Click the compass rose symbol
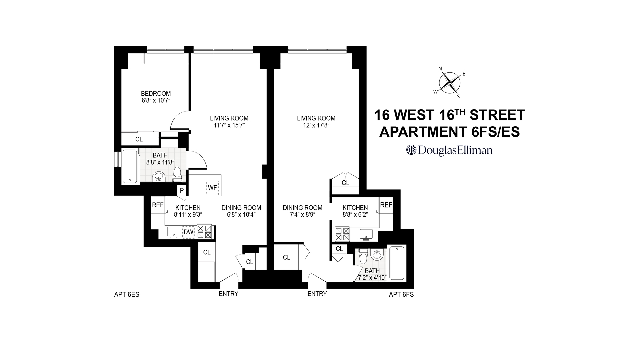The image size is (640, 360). pos(450,82)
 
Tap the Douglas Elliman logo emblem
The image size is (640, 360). pos(411,150)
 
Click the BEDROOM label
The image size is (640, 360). pos(156,94)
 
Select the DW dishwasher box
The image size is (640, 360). pos(189,232)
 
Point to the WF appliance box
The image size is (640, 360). pos(212,188)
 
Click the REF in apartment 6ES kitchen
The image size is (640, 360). pos(158,205)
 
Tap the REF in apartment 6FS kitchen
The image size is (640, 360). pos(386,205)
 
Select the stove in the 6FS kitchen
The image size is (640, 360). pos(342,234)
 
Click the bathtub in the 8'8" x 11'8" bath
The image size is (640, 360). pos(130,167)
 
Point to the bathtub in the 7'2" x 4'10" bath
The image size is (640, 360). pos(397,263)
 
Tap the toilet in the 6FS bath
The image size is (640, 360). pos(363,257)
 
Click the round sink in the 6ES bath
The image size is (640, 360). pos(158,177)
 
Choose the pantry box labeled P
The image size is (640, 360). pos(182,191)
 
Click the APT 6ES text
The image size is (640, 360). pos(127,295)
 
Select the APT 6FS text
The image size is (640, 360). pos(401,295)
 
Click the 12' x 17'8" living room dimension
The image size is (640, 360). pos(316,126)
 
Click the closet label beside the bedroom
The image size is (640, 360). pos(139,139)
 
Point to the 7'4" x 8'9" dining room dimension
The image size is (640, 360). pos(302,215)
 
